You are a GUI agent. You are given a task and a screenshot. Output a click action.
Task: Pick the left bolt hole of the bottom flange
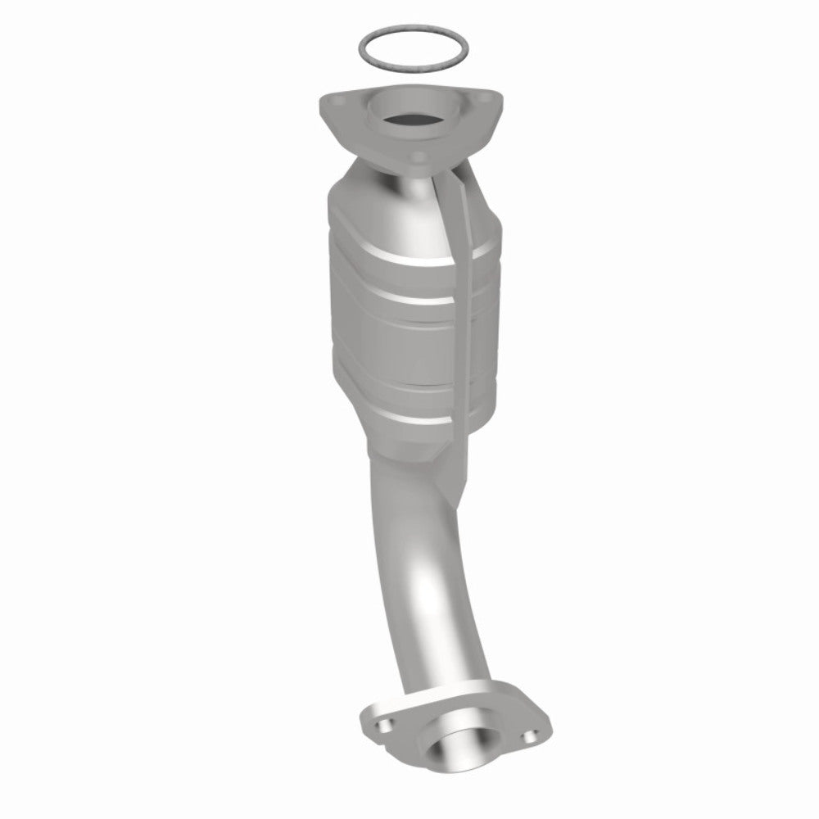coord(382,724)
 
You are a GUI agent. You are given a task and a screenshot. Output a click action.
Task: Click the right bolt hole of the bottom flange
coord(536,735)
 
